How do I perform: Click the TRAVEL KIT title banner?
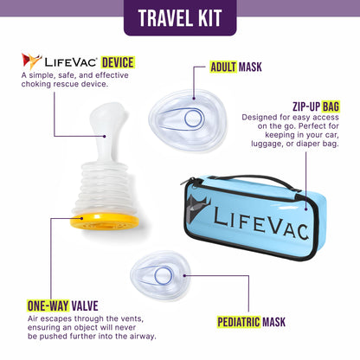click(180, 17)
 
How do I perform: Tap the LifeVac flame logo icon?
click(31, 61)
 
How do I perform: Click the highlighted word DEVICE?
click(117, 62)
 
